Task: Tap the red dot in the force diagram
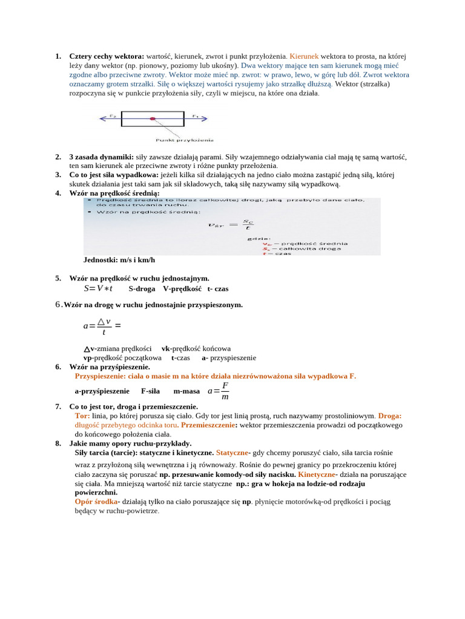click(153, 118)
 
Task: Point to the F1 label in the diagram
click(195, 115)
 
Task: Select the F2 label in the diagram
click(113, 115)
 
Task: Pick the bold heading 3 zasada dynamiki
click(101, 157)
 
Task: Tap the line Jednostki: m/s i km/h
click(119, 260)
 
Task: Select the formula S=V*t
click(98, 288)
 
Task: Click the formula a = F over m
click(219, 391)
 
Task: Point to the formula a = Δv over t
click(102, 326)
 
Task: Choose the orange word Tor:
click(82, 416)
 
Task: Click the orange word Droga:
click(390, 416)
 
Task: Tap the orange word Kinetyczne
click(317, 475)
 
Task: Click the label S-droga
click(142, 289)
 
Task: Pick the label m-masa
click(186, 391)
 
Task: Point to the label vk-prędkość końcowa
click(196, 348)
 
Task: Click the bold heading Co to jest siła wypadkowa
click(114, 175)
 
